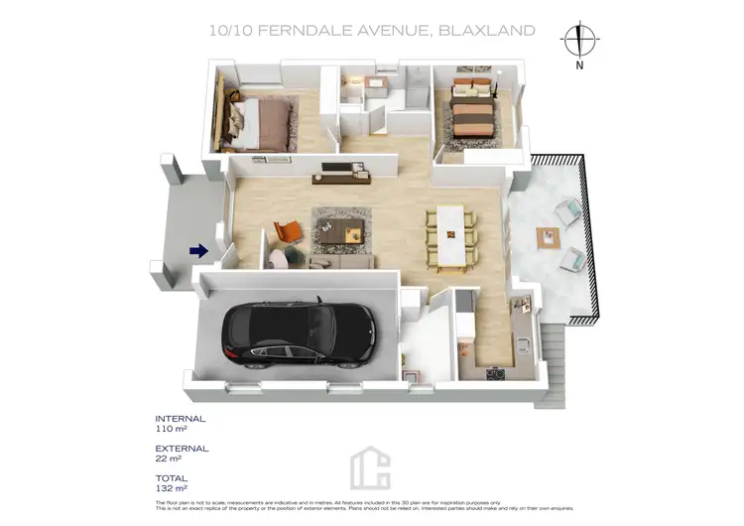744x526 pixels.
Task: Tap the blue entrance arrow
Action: [x=198, y=251]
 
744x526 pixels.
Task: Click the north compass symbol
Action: [x=578, y=41]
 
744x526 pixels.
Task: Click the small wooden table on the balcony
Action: [x=547, y=237]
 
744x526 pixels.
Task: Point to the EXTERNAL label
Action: [x=183, y=449]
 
